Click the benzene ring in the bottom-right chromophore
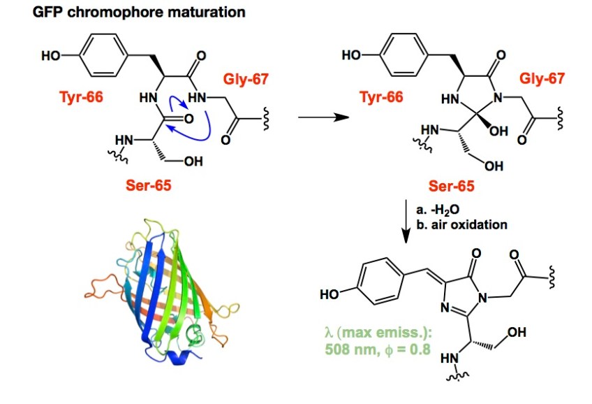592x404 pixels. click(x=382, y=282)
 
